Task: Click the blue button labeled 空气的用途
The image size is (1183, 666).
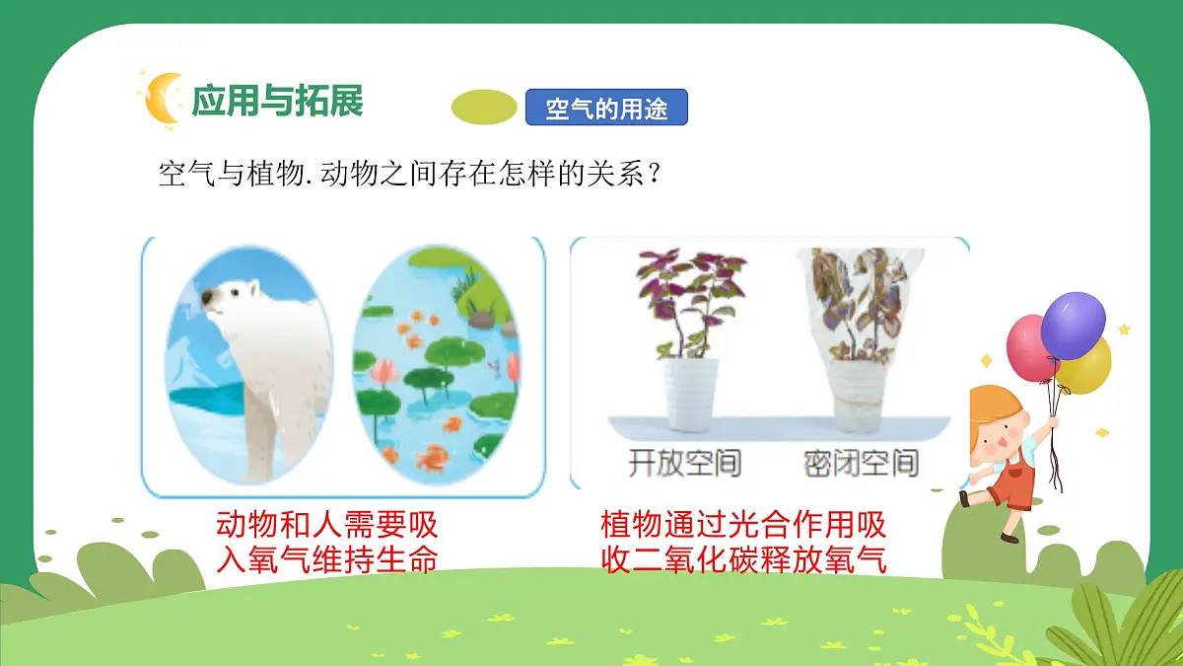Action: click(606, 108)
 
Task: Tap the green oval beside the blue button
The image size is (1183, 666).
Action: click(484, 108)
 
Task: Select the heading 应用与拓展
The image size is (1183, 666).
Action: click(277, 101)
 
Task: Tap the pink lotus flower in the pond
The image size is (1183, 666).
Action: click(384, 373)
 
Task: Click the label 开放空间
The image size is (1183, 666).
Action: click(684, 462)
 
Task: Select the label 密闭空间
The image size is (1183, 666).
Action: click(862, 462)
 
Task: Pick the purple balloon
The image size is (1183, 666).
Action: click(1074, 325)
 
